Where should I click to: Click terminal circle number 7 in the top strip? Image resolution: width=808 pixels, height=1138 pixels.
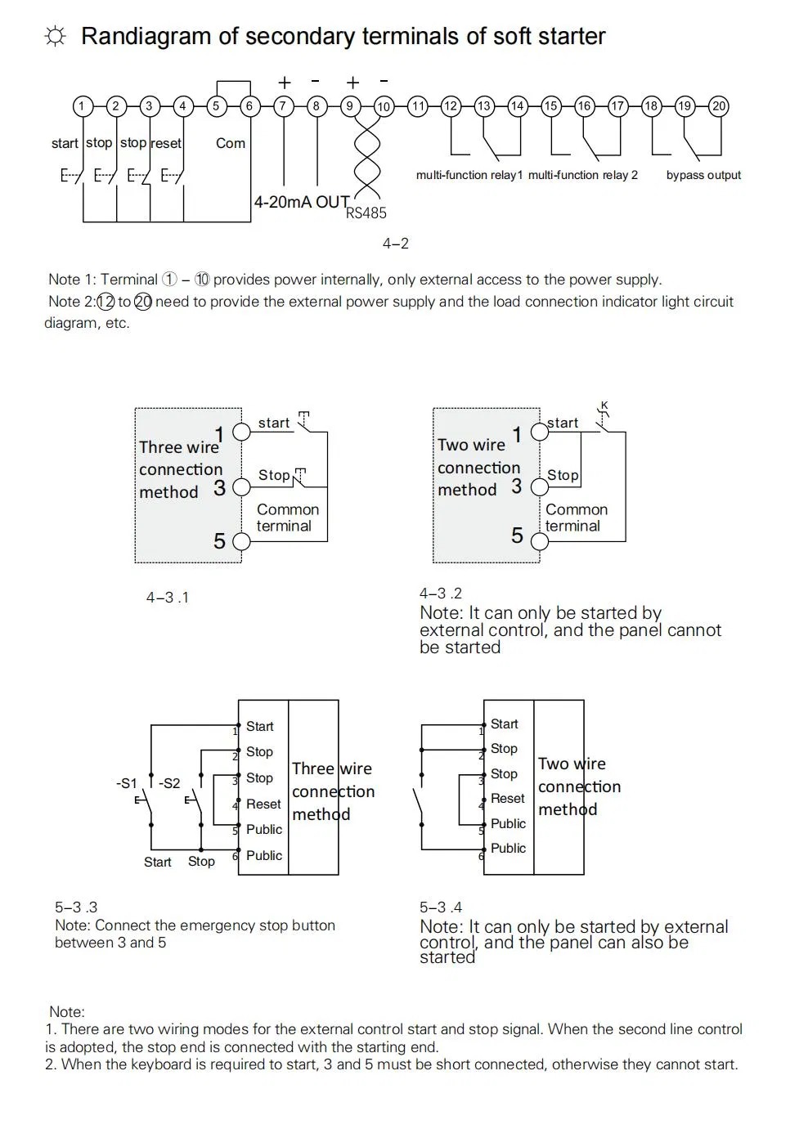click(283, 105)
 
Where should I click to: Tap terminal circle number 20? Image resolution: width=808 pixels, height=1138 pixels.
click(719, 105)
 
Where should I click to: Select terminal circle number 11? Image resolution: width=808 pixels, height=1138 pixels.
click(418, 105)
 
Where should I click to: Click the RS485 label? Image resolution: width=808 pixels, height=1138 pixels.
click(366, 213)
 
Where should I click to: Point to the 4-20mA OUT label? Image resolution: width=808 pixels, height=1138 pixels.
click(301, 202)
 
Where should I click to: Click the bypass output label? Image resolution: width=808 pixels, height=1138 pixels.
click(703, 175)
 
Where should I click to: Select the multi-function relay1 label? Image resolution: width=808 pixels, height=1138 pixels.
click(469, 175)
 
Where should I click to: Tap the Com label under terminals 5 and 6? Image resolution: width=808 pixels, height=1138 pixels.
click(231, 143)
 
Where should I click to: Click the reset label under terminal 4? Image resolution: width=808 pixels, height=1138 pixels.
click(166, 143)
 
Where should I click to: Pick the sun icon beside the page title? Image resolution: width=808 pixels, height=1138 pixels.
click(55, 36)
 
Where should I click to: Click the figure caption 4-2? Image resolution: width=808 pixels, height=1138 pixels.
click(396, 244)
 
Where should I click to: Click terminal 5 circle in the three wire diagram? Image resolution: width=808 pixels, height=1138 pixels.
click(241, 541)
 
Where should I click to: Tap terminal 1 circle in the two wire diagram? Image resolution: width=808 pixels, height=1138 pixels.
click(540, 432)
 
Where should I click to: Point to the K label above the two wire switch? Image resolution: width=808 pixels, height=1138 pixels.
click(604, 405)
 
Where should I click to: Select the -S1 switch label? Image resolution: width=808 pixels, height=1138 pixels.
click(127, 783)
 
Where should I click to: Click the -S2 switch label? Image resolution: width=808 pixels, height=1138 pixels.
click(169, 783)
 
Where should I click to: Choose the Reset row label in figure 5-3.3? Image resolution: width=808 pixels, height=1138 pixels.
click(263, 804)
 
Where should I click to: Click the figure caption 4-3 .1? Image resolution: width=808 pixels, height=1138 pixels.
click(167, 598)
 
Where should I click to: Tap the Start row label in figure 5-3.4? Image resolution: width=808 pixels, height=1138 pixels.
click(504, 724)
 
